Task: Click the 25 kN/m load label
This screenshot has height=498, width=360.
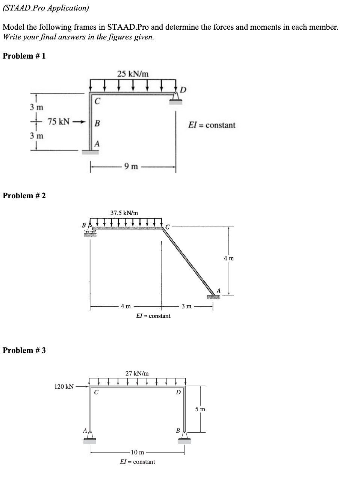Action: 133,74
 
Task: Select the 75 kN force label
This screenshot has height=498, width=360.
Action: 59,122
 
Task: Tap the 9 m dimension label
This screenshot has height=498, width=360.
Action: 131,166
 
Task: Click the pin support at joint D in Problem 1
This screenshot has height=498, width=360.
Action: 175,98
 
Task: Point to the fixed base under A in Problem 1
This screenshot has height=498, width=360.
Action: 90,152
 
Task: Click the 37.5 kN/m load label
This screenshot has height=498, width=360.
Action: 124,213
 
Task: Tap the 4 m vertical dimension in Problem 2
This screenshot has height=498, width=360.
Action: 229,258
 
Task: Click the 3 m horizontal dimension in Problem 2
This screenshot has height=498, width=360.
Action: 186,306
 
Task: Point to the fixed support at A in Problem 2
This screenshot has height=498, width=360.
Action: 213,297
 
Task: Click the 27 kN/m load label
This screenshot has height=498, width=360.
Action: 137,373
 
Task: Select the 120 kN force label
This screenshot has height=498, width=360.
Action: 64,386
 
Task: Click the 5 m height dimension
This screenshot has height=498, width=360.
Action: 200,409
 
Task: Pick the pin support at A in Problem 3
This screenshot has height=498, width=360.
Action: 90,437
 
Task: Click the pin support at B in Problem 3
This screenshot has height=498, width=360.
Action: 185,437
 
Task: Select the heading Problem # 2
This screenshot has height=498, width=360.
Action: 24,196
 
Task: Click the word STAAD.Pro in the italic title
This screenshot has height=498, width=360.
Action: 25,8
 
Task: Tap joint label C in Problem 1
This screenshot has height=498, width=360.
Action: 97,101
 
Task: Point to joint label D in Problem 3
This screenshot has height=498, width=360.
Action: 178,392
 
